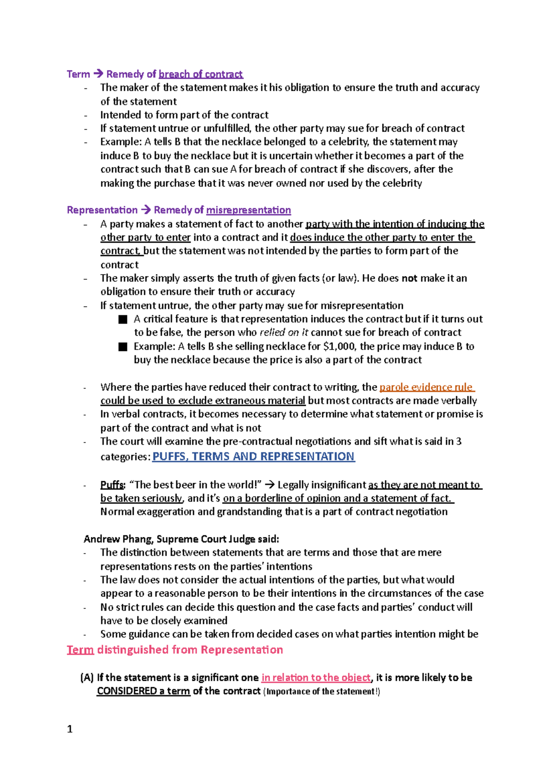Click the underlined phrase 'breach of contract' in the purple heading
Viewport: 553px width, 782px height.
tap(200, 74)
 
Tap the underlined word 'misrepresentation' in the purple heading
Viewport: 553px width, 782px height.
tap(248, 210)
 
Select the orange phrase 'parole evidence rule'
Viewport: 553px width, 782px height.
tap(426, 387)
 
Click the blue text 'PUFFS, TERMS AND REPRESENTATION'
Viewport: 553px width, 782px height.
tap(253, 456)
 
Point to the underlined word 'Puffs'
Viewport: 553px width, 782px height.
tap(112, 484)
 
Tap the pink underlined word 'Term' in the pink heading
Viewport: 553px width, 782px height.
tap(80, 649)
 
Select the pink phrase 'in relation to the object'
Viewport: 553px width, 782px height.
tap(316, 677)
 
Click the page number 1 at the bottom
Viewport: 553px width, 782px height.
tap(70, 729)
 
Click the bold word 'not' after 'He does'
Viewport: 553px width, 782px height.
tap(409, 278)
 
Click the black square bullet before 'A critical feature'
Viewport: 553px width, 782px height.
tap(123, 319)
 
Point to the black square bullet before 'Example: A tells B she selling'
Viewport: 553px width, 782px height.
tap(123, 347)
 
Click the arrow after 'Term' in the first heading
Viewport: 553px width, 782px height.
tap(98, 74)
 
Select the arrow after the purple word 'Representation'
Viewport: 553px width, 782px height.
tap(146, 210)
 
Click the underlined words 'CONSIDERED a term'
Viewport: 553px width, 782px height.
tap(143, 691)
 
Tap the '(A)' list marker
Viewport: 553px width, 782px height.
tap(87, 677)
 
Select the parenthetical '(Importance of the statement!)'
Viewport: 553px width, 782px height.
tap(321, 691)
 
